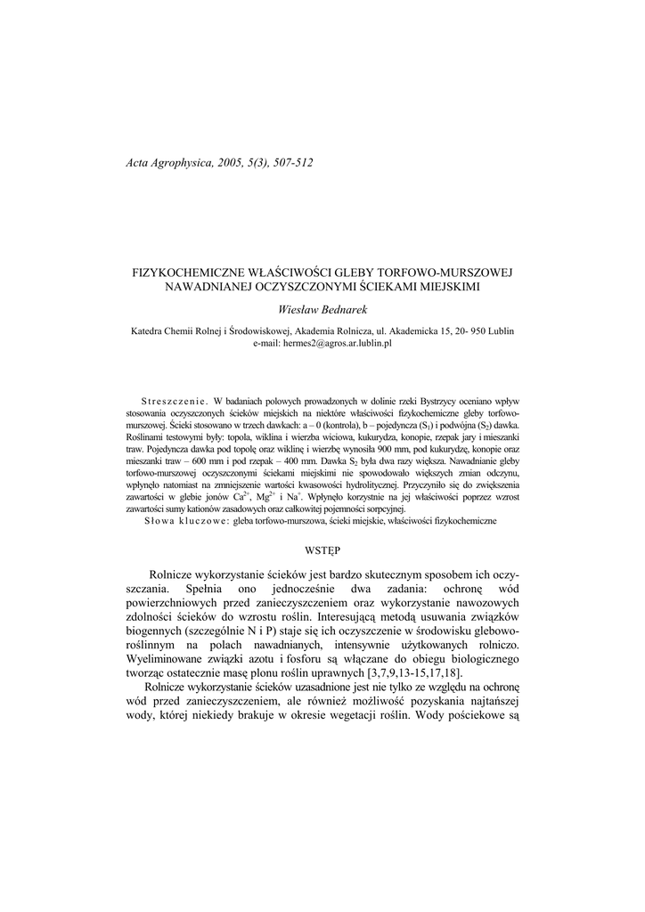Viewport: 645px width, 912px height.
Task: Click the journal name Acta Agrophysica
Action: [170, 163]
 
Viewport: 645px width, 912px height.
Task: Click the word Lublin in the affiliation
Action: [500, 330]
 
